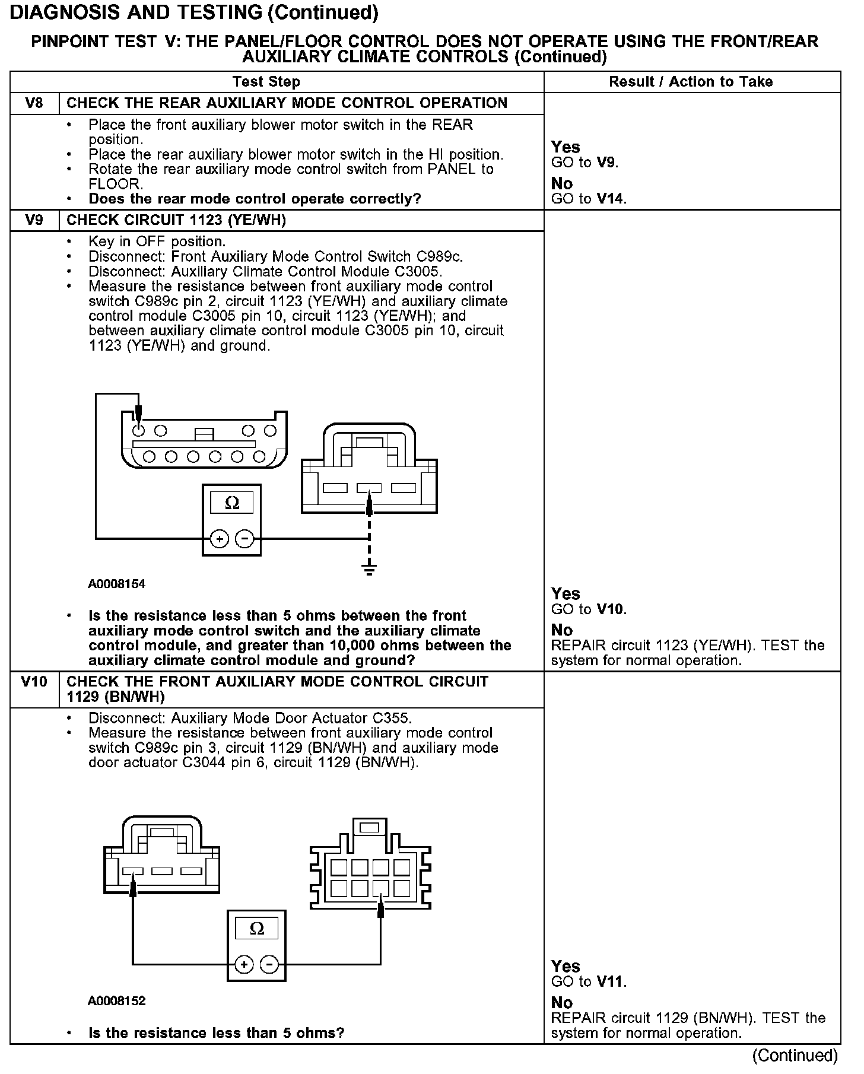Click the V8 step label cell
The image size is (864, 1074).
coord(34,103)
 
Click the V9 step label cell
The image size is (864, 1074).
coord(34,220)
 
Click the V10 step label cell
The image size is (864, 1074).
coord(34,682)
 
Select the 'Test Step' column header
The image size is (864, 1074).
coord(266,82)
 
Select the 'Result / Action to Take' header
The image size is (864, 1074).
coord(691,82)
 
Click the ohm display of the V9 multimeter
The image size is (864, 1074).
coord(232,503)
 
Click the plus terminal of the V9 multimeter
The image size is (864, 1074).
coord(219,539)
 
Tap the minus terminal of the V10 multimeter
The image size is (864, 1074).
coord(270,964)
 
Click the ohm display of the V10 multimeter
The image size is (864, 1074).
coord(256,929)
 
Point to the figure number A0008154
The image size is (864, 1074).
coord(117,584)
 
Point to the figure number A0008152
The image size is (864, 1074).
coord(117,1001)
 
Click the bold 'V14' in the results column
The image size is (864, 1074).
coord(611,199)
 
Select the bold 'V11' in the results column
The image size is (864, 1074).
coord(611,982)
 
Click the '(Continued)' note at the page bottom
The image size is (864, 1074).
coord(795,1056)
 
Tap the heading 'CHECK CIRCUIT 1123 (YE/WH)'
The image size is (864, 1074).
coord(176,220)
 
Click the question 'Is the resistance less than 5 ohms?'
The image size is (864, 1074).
coord(216,1033)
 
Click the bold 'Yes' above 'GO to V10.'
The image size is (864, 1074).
coord(566,594)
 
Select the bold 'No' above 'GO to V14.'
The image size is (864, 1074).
coord(562,183)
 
